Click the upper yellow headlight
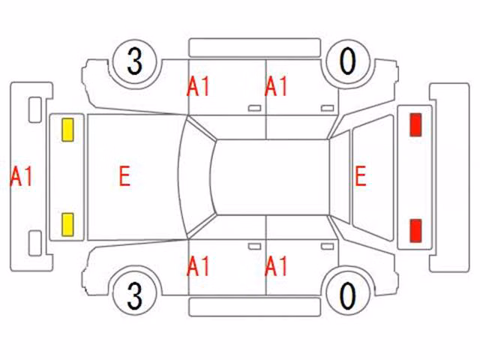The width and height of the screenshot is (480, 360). pos(67,130)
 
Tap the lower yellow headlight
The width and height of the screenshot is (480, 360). pos(67,225)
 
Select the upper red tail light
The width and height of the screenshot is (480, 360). pos(415,124)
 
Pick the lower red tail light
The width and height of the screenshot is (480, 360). pos(415,230)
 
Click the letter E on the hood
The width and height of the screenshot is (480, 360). pos(124,175)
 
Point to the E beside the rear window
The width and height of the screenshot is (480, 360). pos(361,175)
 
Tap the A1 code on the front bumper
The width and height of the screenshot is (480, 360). pos(21,175)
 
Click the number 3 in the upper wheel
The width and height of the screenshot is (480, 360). pos(135,61)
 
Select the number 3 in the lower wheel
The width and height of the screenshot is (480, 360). pos(135,295)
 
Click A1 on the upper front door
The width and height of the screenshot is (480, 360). pos(198,86)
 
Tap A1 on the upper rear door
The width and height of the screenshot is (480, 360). pos(276,86)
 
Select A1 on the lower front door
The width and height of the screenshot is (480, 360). pos(198,266)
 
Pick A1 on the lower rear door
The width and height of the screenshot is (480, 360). pos(276,266)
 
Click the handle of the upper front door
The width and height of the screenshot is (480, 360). pos(254,108)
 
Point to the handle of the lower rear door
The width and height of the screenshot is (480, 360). pos(327,247)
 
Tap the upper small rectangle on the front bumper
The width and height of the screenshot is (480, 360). pos(35,110)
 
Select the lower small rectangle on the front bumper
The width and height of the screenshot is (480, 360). pos(35,243)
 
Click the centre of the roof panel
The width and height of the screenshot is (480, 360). pos(271,177)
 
